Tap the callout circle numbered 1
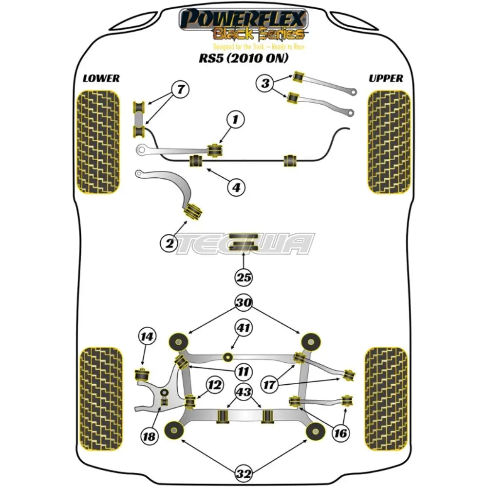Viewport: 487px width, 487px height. pos(236,119)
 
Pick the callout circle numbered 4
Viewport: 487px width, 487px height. pos(236,187)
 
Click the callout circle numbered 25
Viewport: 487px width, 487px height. pos(243,278)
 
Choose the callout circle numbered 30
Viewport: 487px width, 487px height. pos(243,303)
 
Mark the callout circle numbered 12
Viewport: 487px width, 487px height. pos(214,385)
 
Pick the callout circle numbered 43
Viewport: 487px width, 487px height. pos(243,392)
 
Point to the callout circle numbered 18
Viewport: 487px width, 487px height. pos(150,436)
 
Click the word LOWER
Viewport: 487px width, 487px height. pos(101,78)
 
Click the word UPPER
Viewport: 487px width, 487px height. pos(386,78)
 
